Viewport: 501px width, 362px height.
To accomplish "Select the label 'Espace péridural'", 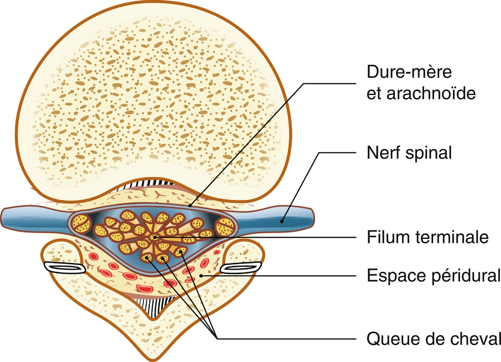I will tap(433, 276).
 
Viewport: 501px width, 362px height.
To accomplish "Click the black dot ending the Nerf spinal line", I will tap(284, 220).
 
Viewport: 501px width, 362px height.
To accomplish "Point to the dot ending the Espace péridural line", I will tap(202, 275).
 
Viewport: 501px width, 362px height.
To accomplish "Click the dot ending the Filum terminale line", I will tap(154, 237).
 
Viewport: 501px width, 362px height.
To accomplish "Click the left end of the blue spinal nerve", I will tap(6, 216).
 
